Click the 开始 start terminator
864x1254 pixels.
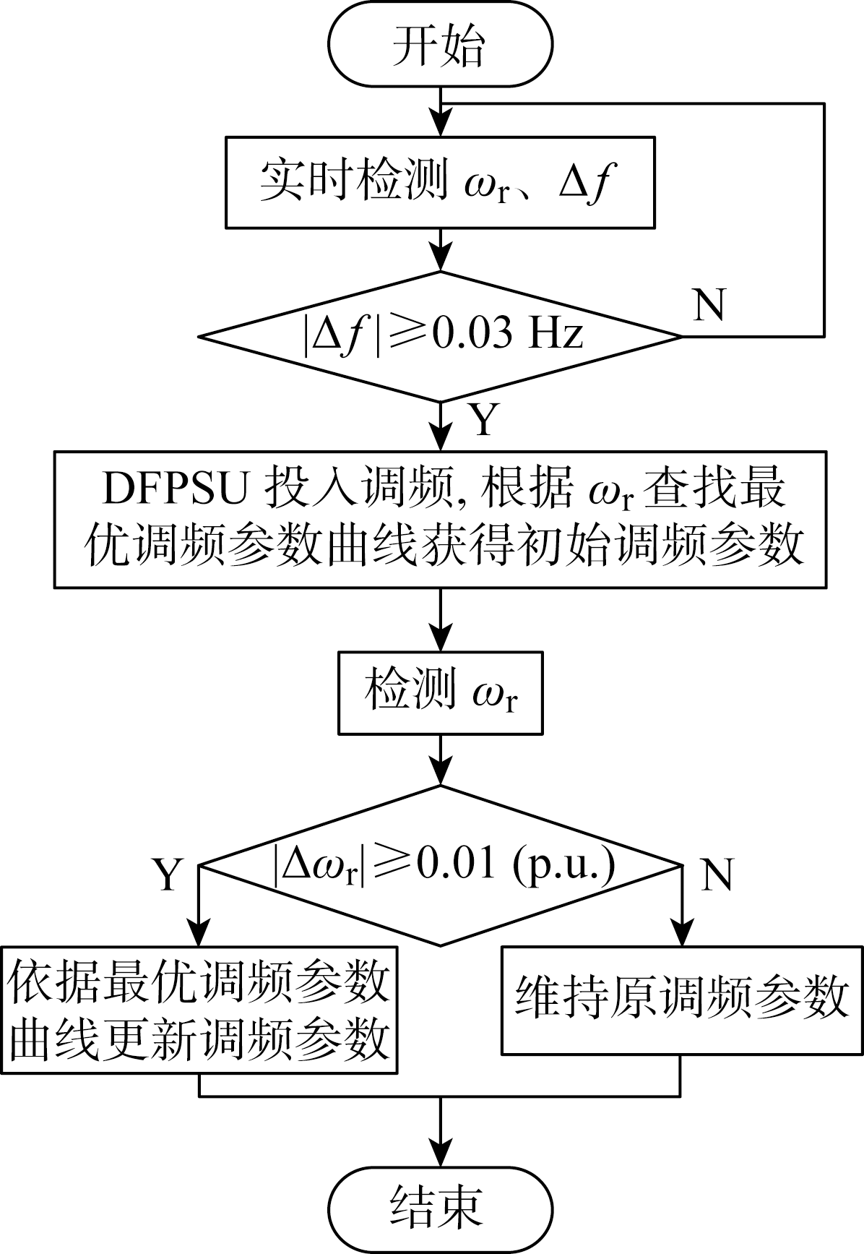(x=440, y=44)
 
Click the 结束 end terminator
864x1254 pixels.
(x=440, y=1209)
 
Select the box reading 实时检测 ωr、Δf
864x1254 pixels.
(x=440, y=182)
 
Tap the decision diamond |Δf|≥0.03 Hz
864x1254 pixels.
(x=440, y=336)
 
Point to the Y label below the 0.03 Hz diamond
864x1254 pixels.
(x=483, y=418)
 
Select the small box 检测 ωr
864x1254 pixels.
(x=440, y=693)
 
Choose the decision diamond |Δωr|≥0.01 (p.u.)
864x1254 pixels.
(x=440, y=865)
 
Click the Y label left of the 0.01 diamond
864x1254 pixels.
(x=168, y=875)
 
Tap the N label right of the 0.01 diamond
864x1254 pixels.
(x=717, y=875)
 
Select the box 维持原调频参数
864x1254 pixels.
(x=681, y=1000)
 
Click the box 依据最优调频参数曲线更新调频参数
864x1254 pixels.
(x=199, y=1010)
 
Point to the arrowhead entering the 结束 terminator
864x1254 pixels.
(x=440, y=1154)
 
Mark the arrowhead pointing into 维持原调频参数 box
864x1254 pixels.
(x=681, y=934)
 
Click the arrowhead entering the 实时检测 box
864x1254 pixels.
(x=440, y=125)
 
